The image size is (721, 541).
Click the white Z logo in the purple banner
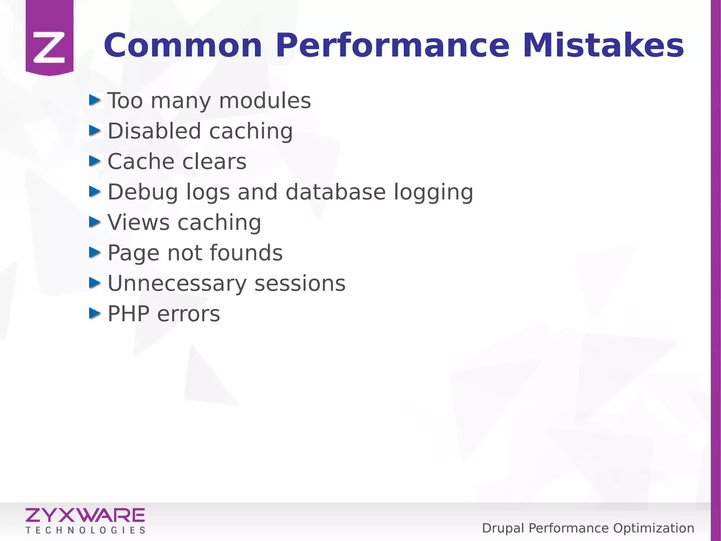click(x=49, y=47)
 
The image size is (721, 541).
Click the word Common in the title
click(x=183, y=46)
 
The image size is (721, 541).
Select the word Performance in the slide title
click(x=392, y=46)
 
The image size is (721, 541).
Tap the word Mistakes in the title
click(x=603, y=46)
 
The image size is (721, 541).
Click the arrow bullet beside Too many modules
click(x=95, y=100)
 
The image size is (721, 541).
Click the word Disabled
click(x=154, y=131)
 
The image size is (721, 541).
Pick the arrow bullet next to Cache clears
click(x=95, y=161)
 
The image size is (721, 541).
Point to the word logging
click(x=433, y=193)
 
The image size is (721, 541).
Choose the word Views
click(x=139, y=223)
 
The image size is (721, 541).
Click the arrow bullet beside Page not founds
click(x=95, y=252)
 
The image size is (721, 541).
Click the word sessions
click(x=300, y=284)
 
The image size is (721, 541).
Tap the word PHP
click(x=128, y=314)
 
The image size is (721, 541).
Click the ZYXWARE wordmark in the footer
click(x=85, y=515)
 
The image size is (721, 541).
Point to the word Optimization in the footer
click(x=653, y=528)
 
